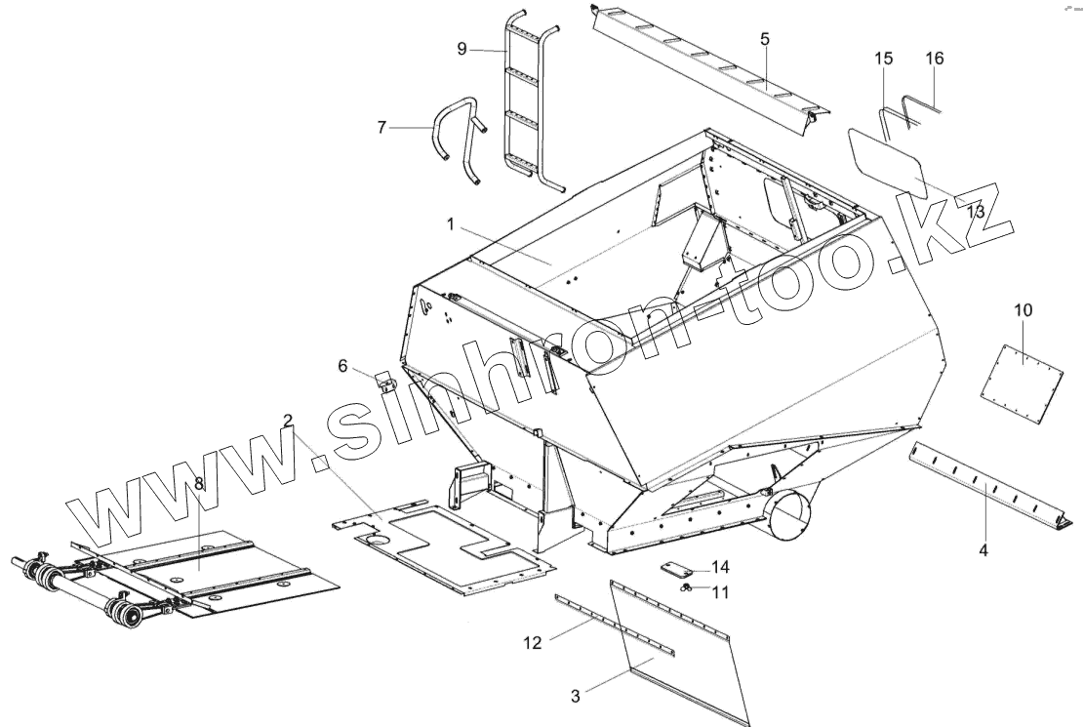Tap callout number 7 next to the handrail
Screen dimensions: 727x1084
[381, 126]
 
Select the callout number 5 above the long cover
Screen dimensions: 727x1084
[765, 38]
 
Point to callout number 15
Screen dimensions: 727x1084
[883, 60]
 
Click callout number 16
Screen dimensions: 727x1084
[935, 59]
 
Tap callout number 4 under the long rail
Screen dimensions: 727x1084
[984, 550]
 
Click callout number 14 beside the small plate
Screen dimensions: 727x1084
[720, 566]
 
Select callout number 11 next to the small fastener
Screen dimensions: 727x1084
[720, 591]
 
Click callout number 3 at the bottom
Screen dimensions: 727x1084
[576, 695]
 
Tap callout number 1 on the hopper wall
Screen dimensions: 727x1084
[452, 224]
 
